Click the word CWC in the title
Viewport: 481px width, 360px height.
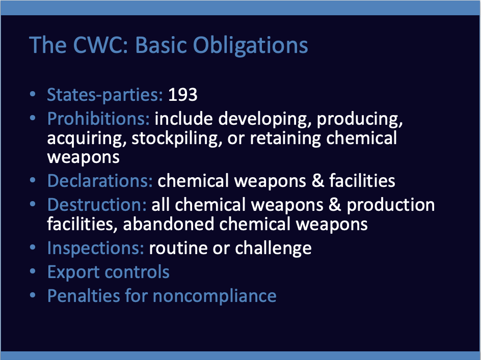(100, 45)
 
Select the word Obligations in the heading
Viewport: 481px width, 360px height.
(250, 46)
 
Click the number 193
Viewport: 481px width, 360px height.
(182, 95)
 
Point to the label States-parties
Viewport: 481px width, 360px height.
(105, 95)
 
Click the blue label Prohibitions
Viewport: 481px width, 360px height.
(98, 119)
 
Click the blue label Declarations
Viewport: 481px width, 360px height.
(100, 181)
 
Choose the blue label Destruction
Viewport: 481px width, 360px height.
(97, 205)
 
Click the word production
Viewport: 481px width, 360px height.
(390, 205)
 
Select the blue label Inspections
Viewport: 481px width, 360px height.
(96, 248)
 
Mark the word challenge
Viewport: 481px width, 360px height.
(273, 248)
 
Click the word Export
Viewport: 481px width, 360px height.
(73, 272)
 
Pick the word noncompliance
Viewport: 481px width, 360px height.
(215, 296)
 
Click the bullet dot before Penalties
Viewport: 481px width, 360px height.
(33, 295)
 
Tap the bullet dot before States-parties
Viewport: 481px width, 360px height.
(33, 94)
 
